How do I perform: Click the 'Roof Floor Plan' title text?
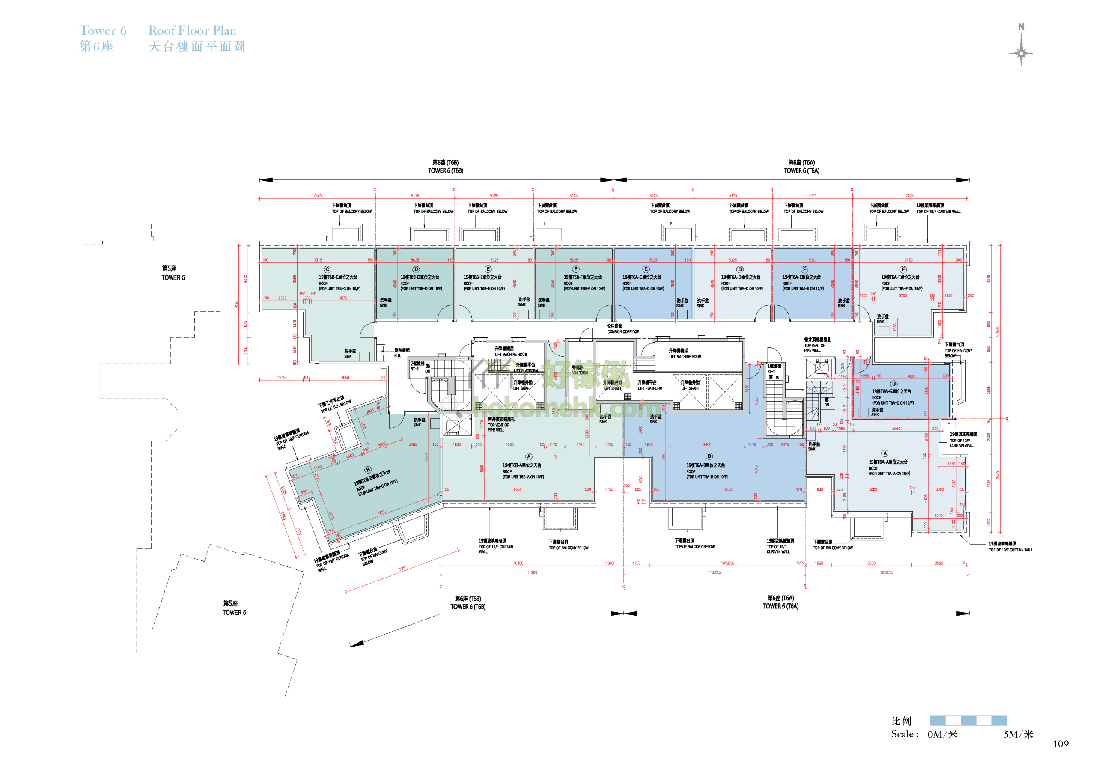pyautogui.click(x=192, y=30)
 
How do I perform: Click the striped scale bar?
pyautogui.click(x=968, y=721)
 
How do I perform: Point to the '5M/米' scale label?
pyautogui.click(x=1018, y=734)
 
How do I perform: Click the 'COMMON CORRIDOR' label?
pyautogui.click(x=623, y=331)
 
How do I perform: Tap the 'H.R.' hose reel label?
pyautogui.click(x=398, y=356)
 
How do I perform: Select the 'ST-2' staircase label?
pyautogui.click(x=414, y=369)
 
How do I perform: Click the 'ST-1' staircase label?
pyautogui.click(x=771, y=371)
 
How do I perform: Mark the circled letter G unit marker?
pyautogui.click(x=893, y=384)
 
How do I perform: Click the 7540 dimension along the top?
pyautogui.click(x=317, y=196)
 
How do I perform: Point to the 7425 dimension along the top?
pyautogui.click(x=909, y=196)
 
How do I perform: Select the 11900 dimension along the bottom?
pyautogui.click(x=532, y=572)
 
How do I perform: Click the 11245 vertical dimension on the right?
pyautogui.click(x=998, y=332)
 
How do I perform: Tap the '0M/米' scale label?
pyautogui.click(x=942, y=734)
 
